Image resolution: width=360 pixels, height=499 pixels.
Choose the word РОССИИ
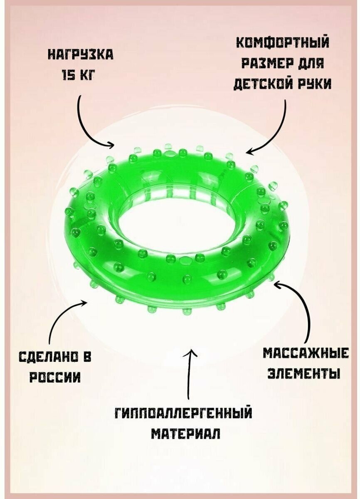pyautogui.click(x=55, y=377)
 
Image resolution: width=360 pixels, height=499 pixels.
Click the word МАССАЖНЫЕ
pyautogui.click(x=306, y=353)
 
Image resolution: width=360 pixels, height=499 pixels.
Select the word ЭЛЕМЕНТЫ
pyautogui.click(x=304, y=373)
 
